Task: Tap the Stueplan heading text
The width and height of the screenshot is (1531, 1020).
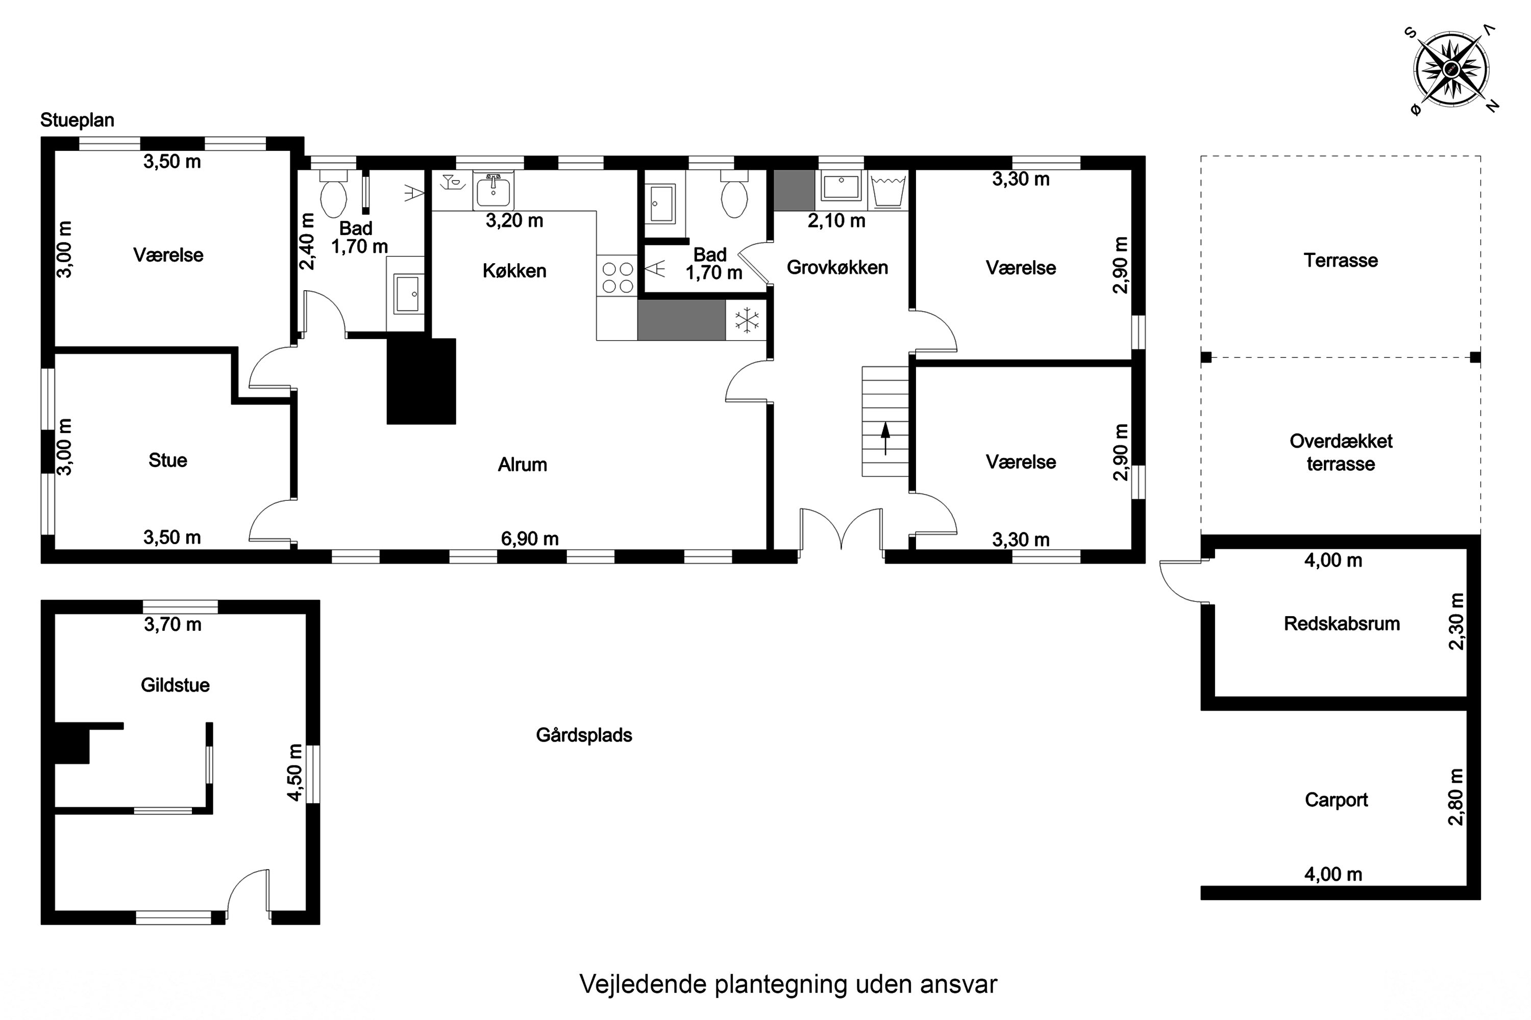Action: coord(78,120)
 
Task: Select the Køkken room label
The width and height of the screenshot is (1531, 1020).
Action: coord(514,271)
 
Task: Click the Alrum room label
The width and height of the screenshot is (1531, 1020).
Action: coord(522,465)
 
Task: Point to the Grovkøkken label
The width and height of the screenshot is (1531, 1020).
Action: coord(837,267)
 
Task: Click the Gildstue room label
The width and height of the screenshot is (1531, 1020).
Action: coord(175,685)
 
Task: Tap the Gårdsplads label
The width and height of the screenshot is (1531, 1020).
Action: coord(584,735)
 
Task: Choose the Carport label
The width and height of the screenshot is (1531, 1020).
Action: coord(1337,800)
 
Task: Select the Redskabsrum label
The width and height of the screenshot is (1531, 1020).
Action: coord(1342,624)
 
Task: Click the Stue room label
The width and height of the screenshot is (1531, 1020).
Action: coord(168,461)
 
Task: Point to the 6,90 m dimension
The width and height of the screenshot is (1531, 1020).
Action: coord(530,539)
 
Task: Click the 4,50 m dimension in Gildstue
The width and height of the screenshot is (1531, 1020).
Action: coord(295,772)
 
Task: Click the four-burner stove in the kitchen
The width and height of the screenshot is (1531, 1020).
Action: coord(617,277)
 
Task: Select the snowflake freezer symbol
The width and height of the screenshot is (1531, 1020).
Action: coord(747,320)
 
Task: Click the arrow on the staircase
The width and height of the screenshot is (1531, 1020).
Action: coord(885,438)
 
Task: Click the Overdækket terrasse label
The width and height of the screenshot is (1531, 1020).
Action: coord(1341,452)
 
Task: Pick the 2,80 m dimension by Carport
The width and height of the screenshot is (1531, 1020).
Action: coord(1455,797)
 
